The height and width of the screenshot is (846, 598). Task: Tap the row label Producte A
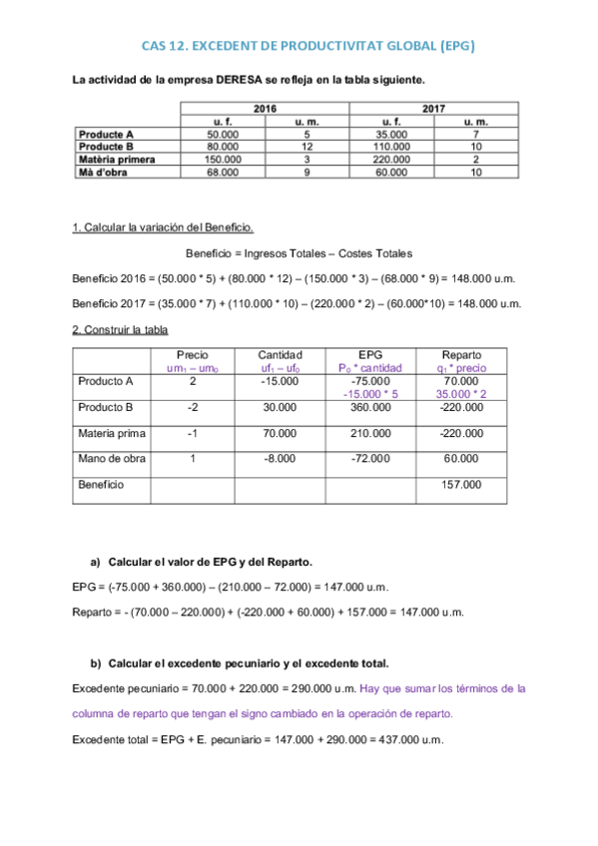(107, 134)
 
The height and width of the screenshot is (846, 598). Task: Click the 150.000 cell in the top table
(222, 159)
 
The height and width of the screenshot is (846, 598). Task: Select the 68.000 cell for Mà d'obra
(222, 172)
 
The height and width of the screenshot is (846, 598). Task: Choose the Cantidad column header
(280, 355)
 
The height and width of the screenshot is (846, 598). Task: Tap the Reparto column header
(460, 355)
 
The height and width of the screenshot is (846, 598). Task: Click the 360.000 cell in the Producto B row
(369, 407)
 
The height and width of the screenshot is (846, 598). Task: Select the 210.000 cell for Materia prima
(369, 433)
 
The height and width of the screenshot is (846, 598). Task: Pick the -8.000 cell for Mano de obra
(280, 459)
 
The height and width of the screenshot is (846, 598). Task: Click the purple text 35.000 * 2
(460, 393)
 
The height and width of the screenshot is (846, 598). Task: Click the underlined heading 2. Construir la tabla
(121, 330)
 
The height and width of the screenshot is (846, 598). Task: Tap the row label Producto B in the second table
(106, 407)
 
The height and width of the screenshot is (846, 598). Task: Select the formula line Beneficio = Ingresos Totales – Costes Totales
(299, 254)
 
